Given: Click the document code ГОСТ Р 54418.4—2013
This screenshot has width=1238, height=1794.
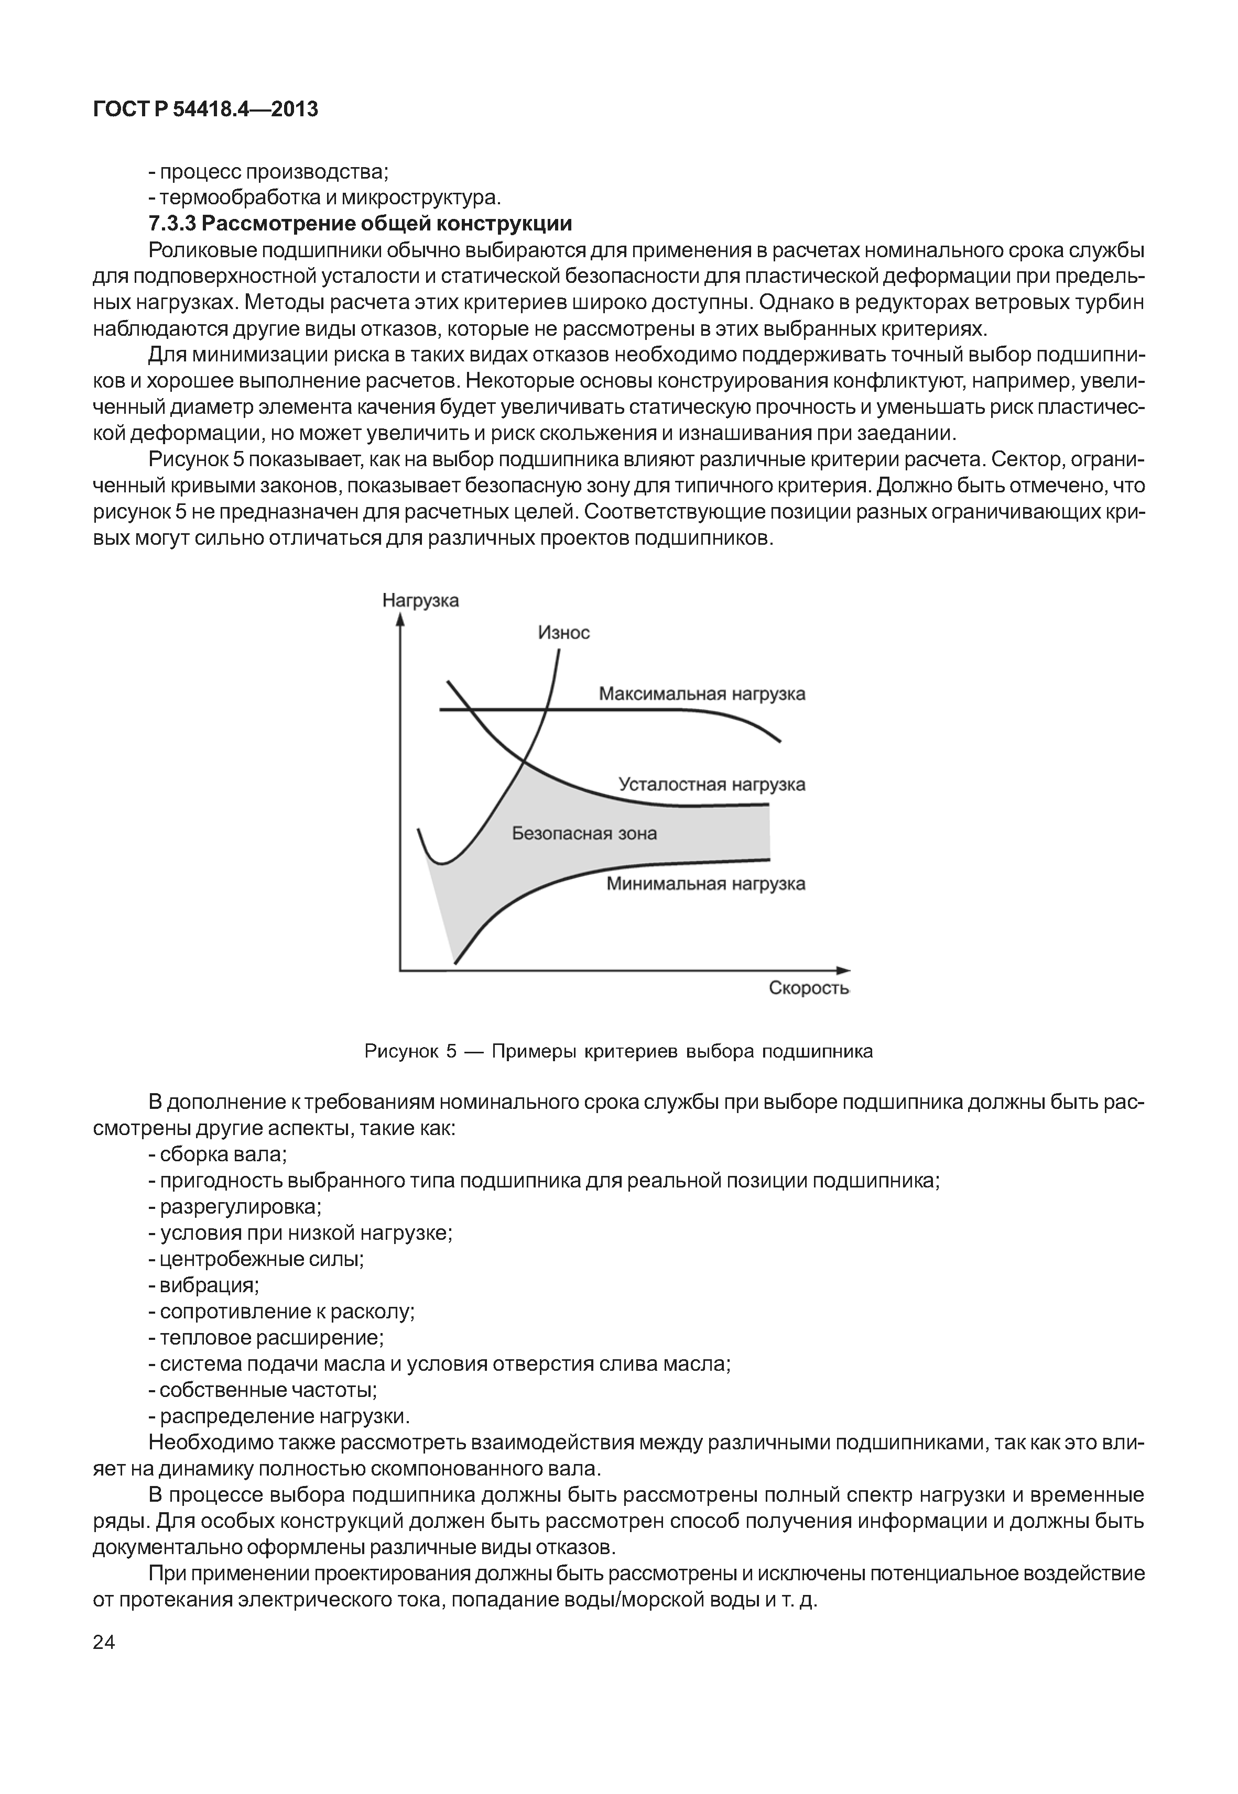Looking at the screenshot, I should tap(205, 109).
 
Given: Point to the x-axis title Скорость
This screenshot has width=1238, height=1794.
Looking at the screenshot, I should tap(809, 988).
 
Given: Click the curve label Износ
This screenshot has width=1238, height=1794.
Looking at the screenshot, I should tap(564, 633).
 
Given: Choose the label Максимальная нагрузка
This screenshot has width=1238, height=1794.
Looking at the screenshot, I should tap(701, 694).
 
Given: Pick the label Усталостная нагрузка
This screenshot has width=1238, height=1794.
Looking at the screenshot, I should tap(711, 785).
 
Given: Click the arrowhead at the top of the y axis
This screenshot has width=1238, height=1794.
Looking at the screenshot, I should tap(400, 620).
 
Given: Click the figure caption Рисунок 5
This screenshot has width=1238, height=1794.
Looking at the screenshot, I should tap(618, 1051).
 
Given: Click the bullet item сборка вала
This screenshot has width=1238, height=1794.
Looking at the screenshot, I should tap(218, 1154).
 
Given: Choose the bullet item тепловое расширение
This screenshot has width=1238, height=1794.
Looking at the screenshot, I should tap(267, 1337).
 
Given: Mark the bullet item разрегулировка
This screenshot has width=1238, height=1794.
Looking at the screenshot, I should tap(235, 1207).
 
